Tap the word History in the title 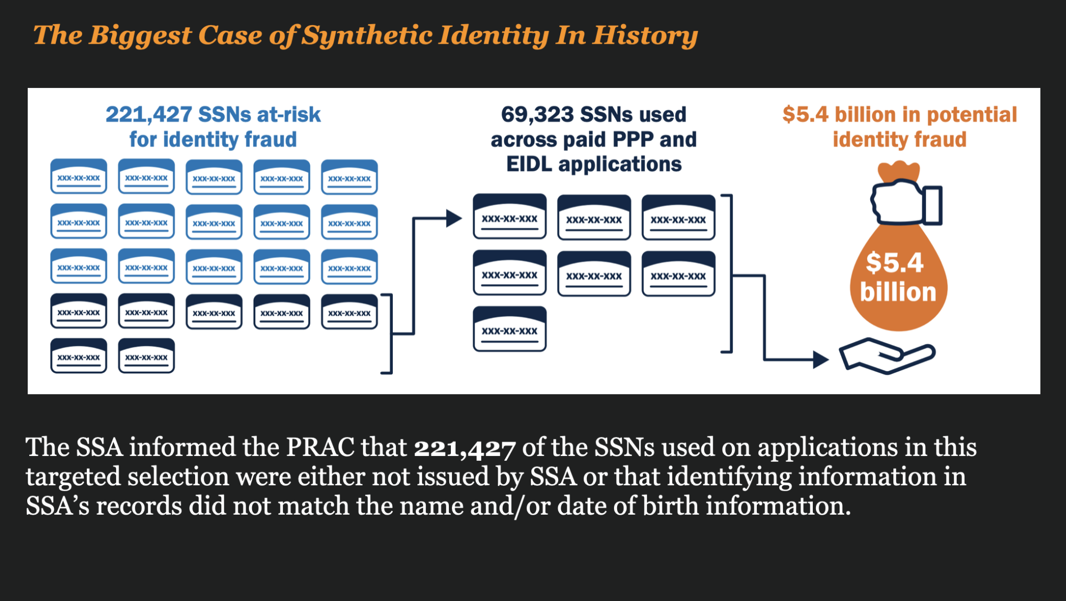pyautogui.click(x=645, y=36)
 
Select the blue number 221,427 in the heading pyautogui.click(x=148, y=115)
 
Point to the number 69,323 pyautogui.click(x=537, y=115)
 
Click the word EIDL pyautogui.click(x=529, y=164)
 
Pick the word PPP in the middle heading pyautogui.click(x=633, y=140)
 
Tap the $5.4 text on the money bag pyautogui.click(x=894, y=262)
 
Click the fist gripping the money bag pyautogui.click(x=898, y=203)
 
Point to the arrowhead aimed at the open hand pyautogui.click(x=821, y=359)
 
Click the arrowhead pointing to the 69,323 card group pyautogui.click(x=454, y=218)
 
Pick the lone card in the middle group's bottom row pyautogui.click(x=510, y=328)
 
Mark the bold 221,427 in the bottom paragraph pyautogui.click(x=464, y=448)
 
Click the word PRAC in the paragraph pyautogui.click(x=320, y=447)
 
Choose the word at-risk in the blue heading pyautogui.click(x=289, y=115)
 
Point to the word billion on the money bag pyautogui.click(x=898, y=292)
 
